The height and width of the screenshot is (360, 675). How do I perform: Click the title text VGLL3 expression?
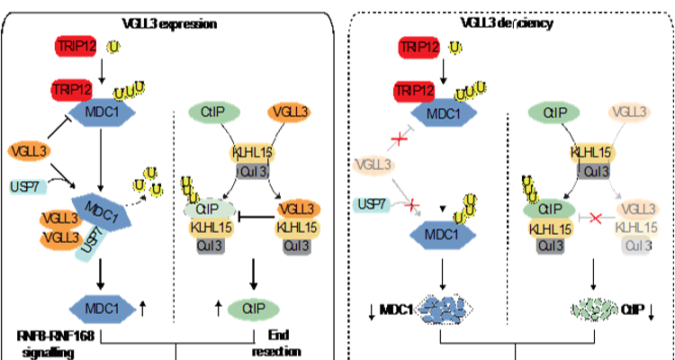(x=169, y=23)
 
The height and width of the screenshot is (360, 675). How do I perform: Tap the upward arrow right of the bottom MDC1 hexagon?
(x=143, y=308)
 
